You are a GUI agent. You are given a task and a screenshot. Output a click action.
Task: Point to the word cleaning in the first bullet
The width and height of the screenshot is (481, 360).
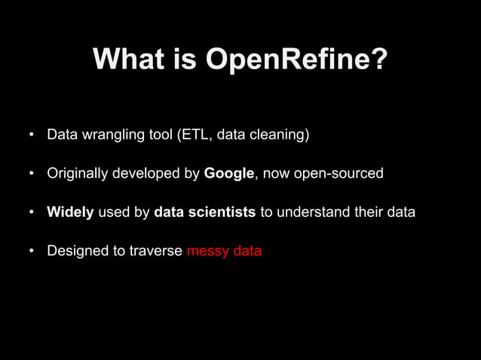[x=277, y=136]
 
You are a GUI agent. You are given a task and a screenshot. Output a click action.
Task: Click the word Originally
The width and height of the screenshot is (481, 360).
[x=78, y=174]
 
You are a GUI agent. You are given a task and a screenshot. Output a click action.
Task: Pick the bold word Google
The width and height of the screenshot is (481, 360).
[x=229, y=174]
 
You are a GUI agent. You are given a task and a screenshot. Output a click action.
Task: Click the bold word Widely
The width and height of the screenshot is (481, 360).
[x=70, y=212]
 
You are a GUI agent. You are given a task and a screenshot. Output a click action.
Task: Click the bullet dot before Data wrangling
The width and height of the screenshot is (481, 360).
[x=32, y=137]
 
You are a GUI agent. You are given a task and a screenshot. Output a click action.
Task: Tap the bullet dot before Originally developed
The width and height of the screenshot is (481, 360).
[x=32, y=175]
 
